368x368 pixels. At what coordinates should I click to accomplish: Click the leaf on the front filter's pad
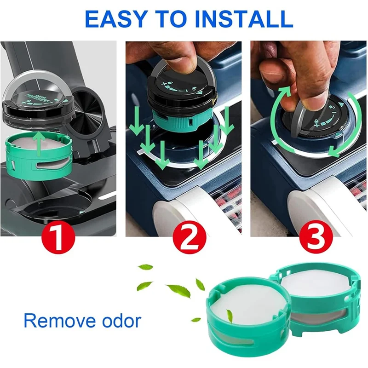(x=229, y=315)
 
